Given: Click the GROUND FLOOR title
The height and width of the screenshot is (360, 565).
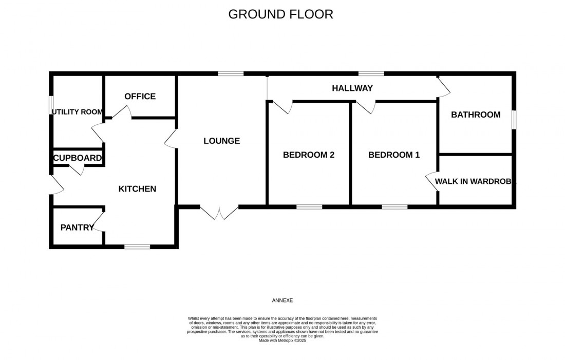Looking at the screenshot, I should click(280, 14).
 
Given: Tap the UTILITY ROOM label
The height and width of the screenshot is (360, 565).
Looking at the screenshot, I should click(78, 112).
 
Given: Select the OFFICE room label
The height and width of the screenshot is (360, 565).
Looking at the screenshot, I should click(140, 97).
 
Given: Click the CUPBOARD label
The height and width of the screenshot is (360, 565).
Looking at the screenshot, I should click(78, 158).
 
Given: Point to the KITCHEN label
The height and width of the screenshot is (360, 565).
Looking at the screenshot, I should click(137, 189).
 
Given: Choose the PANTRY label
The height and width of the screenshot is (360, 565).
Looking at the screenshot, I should click(77, 228).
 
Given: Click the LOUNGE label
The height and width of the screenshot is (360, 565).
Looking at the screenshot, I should click(221, 141).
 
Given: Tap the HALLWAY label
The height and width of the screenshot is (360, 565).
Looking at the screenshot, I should click(352, 88).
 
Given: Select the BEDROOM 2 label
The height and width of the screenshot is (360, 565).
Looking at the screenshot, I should click(309, 155).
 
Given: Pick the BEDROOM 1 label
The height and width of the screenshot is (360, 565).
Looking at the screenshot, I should click(394, 155).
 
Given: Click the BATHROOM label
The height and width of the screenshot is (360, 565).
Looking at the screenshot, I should click(476, 115).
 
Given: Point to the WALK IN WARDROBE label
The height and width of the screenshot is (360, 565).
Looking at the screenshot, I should click(475, 181).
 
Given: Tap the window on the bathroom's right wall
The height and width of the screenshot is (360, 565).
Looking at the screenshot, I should click(514, 120).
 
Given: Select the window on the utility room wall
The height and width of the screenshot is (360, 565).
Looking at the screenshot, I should click(51, 105).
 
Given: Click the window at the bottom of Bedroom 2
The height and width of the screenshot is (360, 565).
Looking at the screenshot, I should click(309, 207).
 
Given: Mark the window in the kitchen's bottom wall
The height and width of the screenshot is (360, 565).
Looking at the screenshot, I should click(137, 247).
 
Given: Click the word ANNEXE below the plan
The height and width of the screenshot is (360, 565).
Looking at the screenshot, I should click(282, 300).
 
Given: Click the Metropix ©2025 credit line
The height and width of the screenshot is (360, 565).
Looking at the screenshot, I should click(282, 340).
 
